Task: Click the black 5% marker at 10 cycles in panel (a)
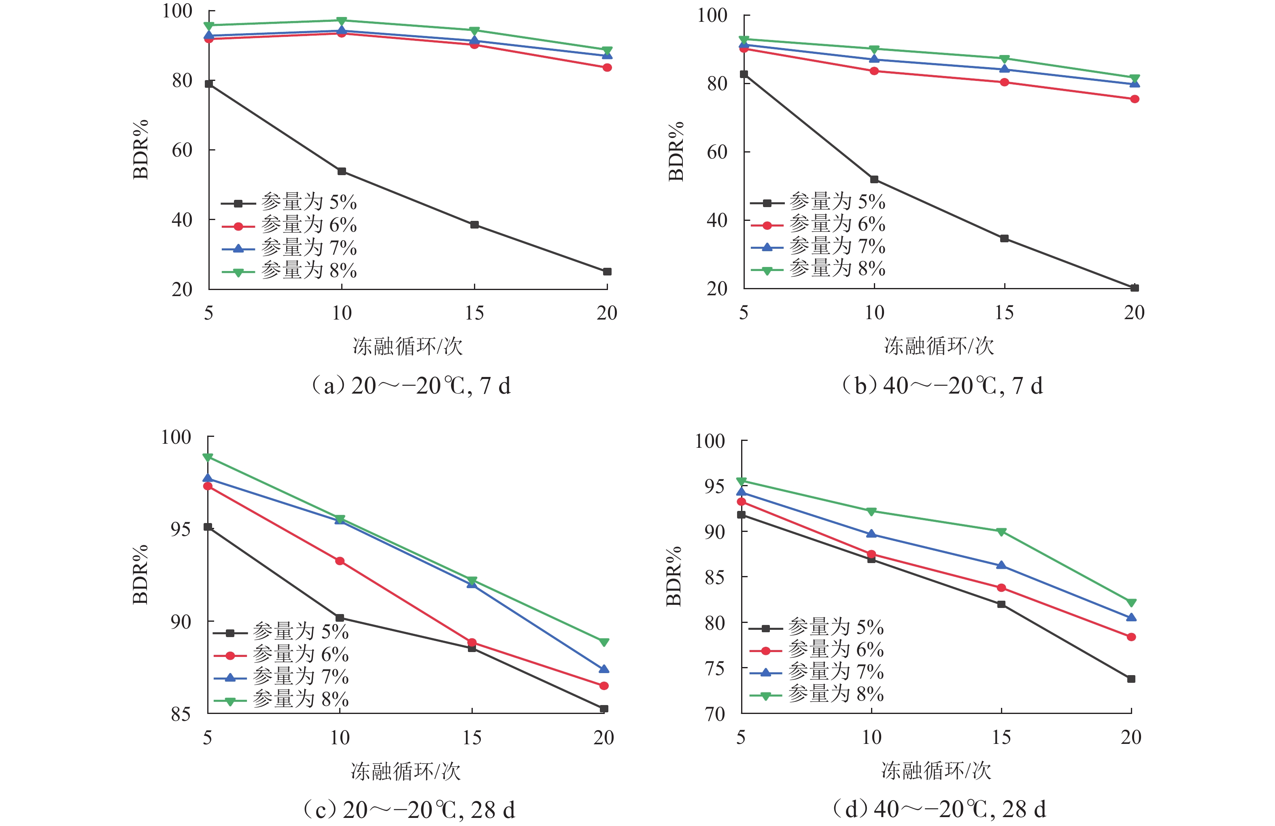[342, 171]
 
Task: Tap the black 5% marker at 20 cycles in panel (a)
[607, 272]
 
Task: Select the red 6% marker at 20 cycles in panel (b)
[1135, 99]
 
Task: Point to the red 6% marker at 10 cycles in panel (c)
[340, 561]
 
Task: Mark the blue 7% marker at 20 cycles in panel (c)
[604, 669]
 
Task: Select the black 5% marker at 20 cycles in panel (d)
[1131, 679]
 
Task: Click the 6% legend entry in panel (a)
[308, 225]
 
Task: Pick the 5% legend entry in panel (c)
[300, 632]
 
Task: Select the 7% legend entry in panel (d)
[835, 672]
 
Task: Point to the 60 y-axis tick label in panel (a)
[182, 150]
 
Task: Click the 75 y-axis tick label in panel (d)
[715, 669]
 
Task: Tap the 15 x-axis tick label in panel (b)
[1004, 313]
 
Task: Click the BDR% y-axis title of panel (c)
[140, 574]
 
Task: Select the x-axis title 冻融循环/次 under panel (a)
[407, 346]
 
